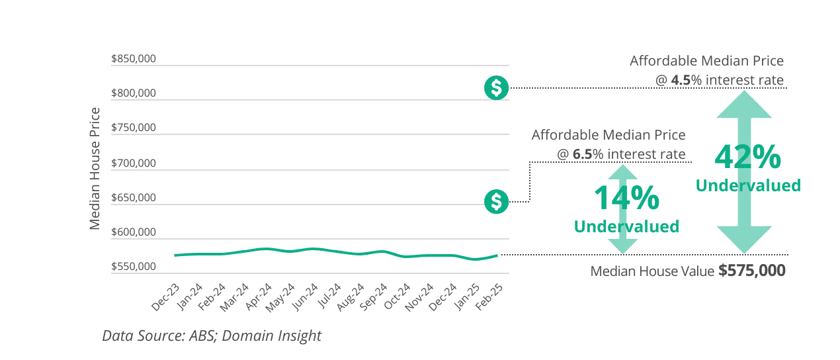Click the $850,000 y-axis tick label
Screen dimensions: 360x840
pyautogui.click(x=133, y=59)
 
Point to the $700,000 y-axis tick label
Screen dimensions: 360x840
pyautogui.click(x=133, y=163)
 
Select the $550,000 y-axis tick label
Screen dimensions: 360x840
pyautogui.click(x=133, y=267)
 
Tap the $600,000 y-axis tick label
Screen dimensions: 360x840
pyautogui.click(x=133, y=232)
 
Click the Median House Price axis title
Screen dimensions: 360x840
pyautogui.click(x=95, y=168)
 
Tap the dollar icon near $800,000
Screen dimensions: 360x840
pyautogui.click(x=496, y=87)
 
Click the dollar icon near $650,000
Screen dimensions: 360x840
pyautogui.click(x=496, y=201)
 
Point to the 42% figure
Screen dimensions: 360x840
pyautogui.click(x=748, y=157)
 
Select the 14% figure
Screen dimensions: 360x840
pyautogui.click(x=626, y=198)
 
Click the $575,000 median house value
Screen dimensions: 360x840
pyautogui.click(x=752, y=271)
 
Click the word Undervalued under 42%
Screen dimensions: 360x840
pyautogui.click(x=748, y=185)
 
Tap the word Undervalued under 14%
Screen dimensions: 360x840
pyautogui.click(x=626, y=226)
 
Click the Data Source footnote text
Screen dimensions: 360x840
pyautogui.click(x=212, y=336)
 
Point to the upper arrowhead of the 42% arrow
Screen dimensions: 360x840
pyautogui.click(x=744, y=105)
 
